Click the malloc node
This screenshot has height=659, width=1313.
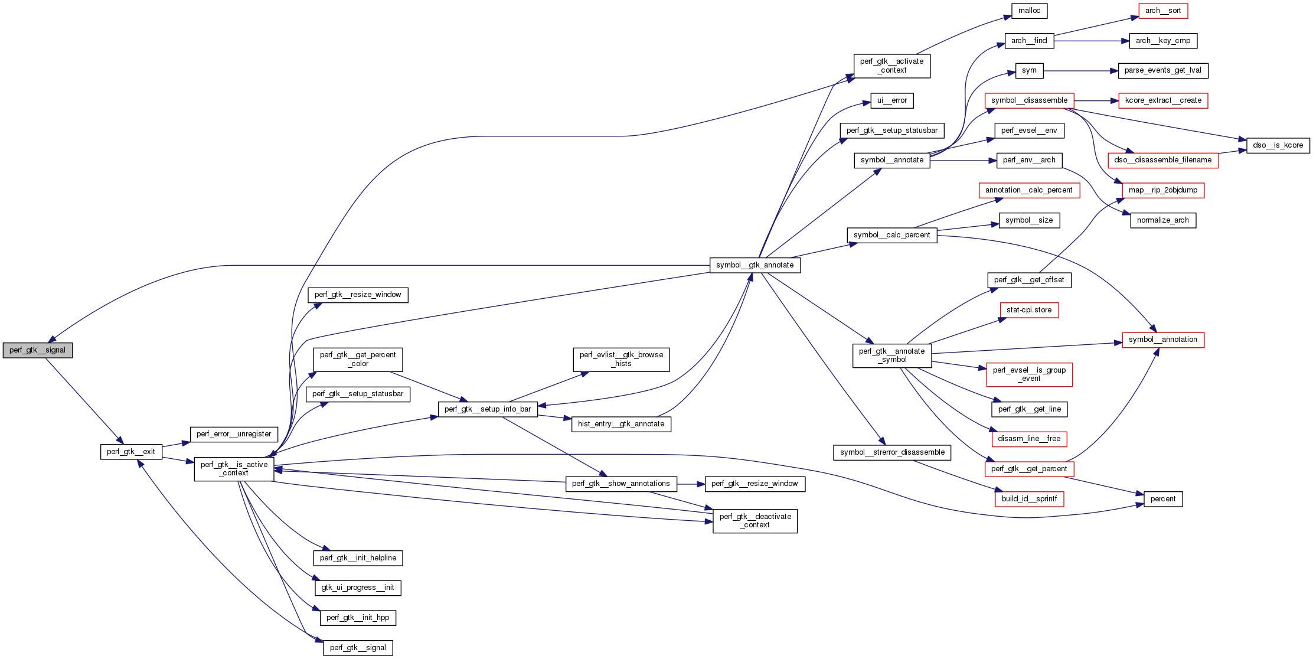point(1029,11)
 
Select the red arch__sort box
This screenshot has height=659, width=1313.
point(1162,11)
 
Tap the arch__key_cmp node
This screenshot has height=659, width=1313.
point(1162,41)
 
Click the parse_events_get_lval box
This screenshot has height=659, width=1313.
point(1162,70)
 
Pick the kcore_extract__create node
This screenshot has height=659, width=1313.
point(1162,100)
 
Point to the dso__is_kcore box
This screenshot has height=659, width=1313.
point(1278,145)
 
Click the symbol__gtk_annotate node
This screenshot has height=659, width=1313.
point(755,265)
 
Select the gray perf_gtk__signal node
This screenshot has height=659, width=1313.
point(37,350)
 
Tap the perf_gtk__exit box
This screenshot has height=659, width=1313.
point(130,452)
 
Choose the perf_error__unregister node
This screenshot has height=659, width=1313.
point(233,434)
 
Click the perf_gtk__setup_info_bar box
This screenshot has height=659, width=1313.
point(487,409)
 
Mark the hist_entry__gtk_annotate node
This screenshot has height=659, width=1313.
point(620,424)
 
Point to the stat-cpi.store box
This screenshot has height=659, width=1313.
point(1028,310)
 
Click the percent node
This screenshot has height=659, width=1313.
point(1162,499)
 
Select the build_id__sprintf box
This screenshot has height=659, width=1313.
point(1028,499)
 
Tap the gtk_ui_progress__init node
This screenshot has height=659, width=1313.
point(357,588)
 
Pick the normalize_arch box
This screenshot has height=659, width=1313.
point(1162,220)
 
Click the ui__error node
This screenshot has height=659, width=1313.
point(891,100)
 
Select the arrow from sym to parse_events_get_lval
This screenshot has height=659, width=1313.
point(1080,71)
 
